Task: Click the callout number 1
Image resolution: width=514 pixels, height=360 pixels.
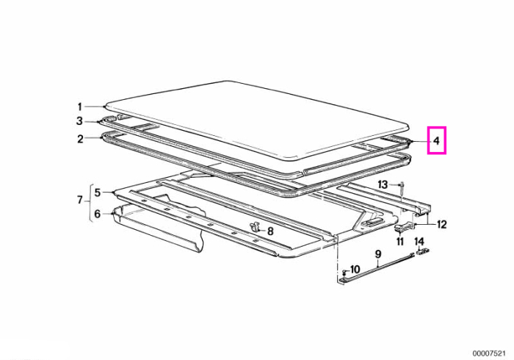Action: pyautogui.click(x=79, y=107)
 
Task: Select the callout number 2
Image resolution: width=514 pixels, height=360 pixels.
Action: pyautogui.click(x=80, y=139)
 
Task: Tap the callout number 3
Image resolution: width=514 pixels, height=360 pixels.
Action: pyautogui.click(x=79, y=121)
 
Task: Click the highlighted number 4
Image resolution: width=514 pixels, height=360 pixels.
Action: pyautogui.click(x=436, y=140)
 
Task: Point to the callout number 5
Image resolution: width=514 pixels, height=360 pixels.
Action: pyautogui.click(x=98, y=192)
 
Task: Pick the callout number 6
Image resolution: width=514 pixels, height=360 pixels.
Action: pyautogui.click(x=98, y=214)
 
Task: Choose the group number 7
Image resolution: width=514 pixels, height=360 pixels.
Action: pyautogui.click(x=80, y=199)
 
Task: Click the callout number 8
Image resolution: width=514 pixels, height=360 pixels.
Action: pyautogui.click(x=270, y=231)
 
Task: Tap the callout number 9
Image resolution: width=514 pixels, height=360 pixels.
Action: pyautogui.click(x=378, y=254)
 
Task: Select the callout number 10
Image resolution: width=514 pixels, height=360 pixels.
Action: pyautogui.click(x=355, y=270)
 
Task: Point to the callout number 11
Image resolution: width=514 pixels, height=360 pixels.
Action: pyautogui.click(x=400, y=242)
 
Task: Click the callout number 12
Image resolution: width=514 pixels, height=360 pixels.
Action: pyautogui.click(x=441, y=225)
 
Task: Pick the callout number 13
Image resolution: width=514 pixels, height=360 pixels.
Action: pyautogui.click(x=383, y=184)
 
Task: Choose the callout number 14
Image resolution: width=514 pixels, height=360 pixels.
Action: pyautogui.click(x=419, y=242)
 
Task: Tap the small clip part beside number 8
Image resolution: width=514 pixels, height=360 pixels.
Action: pyautogui.click(x=254, y=226)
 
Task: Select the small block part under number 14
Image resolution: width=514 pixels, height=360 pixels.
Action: pyautogui.click(x=423, y=252)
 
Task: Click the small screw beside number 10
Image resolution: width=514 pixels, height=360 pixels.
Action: pyautogui.click(x=344, y=272)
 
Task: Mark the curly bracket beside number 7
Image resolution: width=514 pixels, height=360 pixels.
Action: pyautogui.click(x=90, y=203)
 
